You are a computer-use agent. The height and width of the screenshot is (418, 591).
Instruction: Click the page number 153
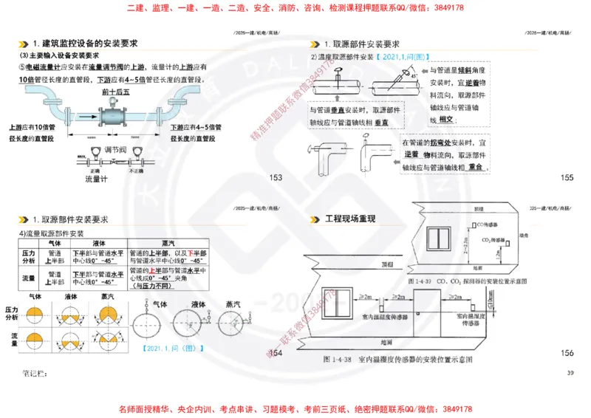[276, 177]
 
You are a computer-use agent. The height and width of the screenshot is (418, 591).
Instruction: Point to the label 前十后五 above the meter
[117, 92]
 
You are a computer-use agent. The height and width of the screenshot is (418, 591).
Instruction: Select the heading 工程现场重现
[351, 219]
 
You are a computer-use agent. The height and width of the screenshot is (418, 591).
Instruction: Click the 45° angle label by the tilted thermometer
[414, 75]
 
